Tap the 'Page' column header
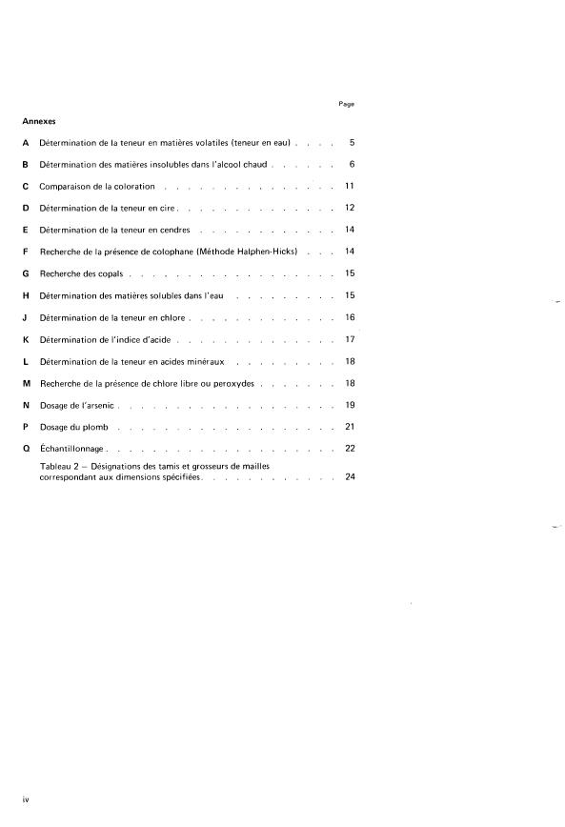tap(346, 103)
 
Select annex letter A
tap(25, 143)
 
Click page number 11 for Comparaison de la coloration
tap(350, 187)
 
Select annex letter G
tap(25, 274)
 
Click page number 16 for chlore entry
tap(350, 317)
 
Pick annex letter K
tap(25, 339)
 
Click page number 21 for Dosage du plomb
tap(350, 427)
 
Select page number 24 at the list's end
tap(350, 476)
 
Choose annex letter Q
tap(25, 449)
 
